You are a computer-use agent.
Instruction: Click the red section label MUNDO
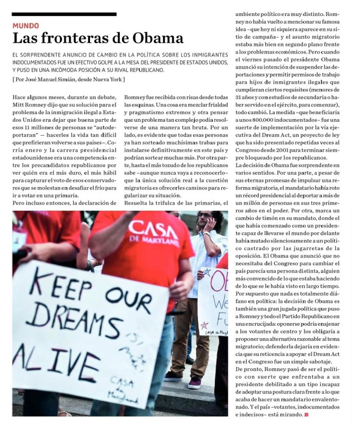(x=25, y=25)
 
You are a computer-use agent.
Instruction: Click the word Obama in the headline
(x=158, y=38)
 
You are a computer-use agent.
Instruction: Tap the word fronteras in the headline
(x=84, y=38)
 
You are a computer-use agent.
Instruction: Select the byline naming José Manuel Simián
(x=68, y=80)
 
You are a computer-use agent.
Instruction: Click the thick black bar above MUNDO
(x=64, y=14)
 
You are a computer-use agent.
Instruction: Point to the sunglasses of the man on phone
(x=205, y=215)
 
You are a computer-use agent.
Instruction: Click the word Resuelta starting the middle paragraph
(x=139, y=202)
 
